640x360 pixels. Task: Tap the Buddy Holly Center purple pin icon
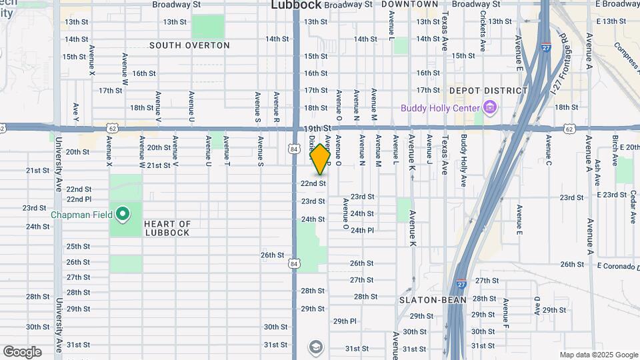pyautogui.click(x=491, y=107)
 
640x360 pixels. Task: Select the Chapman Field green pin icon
pyautogui.click(x=123, y=215)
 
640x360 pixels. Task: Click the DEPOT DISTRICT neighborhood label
pyautogui.click(x=488, y=91)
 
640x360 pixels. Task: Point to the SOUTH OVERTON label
pyautogui.click(x=189, y=46)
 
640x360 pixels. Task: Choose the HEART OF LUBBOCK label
pyautogui.click(x=167, y=229)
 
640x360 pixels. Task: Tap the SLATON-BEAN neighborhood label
pyautogui.click(x=431, y=300)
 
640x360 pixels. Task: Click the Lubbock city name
pyautogui.click(x=296, y=5)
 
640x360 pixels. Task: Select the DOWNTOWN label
pyautogui.click(x=410, y=5)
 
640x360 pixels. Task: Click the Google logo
pyautogui.click(x=22, y=352)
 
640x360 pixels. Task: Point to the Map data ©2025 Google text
pyautogui.click(x=599, y=355)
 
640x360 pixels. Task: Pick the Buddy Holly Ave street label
pyautogui.click(x=463, y=160)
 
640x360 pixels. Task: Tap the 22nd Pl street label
pyautogui.click(x=79, y=199)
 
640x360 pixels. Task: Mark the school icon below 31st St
pyautogui.click(x=315, y=347)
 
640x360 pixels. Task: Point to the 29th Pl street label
pyautogui.click(x=345, y=321)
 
